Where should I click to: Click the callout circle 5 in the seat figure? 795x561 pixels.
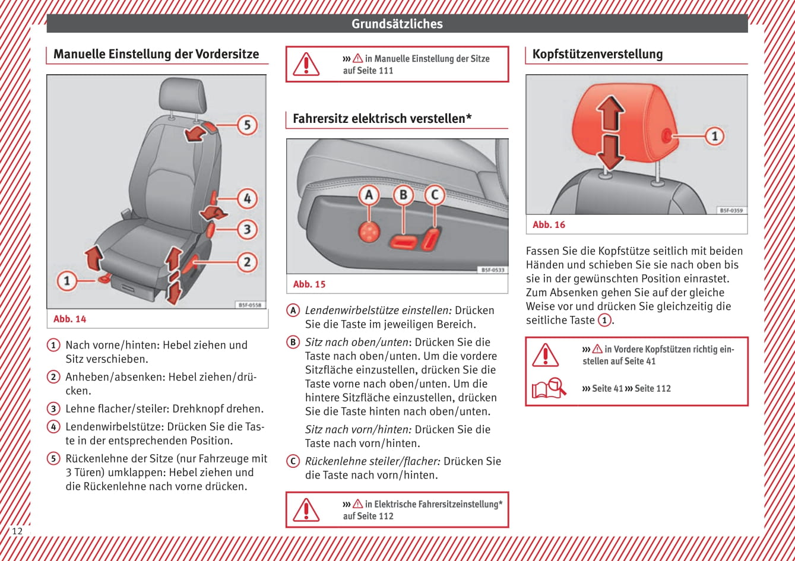pos(247,125)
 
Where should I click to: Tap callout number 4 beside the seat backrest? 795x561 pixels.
pos(247,198)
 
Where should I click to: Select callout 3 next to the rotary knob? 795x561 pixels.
pos(247,229)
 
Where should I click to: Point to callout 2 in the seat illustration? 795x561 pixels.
pos(247,262)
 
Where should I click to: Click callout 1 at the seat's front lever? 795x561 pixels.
pos(67,280)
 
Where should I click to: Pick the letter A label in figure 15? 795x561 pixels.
pos(369,195)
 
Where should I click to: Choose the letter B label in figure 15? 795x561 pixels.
pos(403,195)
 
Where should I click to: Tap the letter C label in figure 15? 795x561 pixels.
pos(435,195)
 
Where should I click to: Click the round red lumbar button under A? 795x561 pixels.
pos(369,230)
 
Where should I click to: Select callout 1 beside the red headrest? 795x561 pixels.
pos(714,136)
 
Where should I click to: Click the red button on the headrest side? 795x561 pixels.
pos(666,136)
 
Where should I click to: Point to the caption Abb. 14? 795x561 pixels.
pos(70,319)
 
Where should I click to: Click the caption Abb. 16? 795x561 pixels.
pos(549,225)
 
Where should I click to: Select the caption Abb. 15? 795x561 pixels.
pos(309,284)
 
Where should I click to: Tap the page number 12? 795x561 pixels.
pos(17,531)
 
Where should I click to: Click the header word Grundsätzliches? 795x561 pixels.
pos(397,24)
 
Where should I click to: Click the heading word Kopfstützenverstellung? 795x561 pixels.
pos(597,54)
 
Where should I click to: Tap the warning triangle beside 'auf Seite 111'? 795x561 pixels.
pos(306,64)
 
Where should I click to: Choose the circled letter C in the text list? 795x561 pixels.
pos(293,461)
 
